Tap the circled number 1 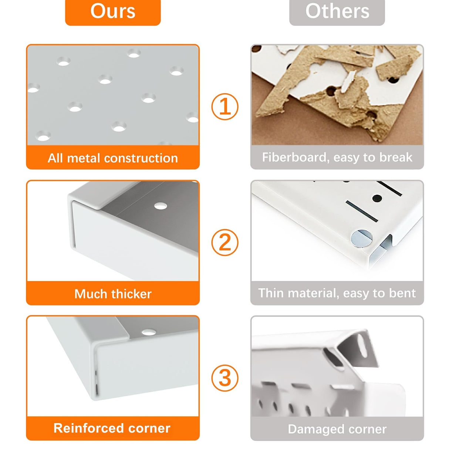pos(225,107)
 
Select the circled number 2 pos(225,242)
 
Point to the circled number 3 pos(225,378)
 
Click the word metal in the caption pos(84,158)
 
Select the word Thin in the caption pos(271,293)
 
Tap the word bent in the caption pos(402,293)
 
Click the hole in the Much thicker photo pos(161,206)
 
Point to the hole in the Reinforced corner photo pos(149,332)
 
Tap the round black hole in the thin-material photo pos(377,199)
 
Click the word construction pos(141,158)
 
